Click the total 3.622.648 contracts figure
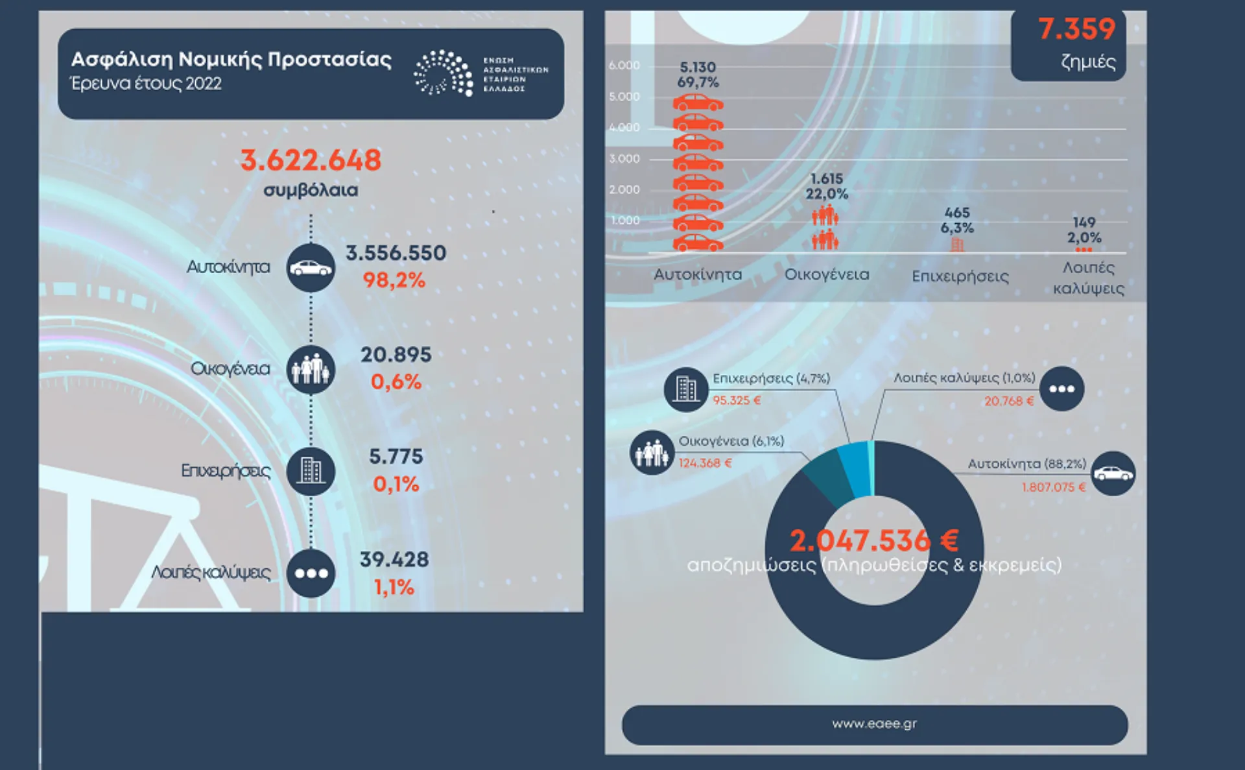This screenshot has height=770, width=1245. click(311, 160)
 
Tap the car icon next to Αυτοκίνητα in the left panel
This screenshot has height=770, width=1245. click(311, 267)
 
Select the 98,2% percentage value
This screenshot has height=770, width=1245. click(394, 280)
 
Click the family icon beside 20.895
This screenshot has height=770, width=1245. click(311, 370)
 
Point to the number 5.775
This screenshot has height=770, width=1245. click(396, 457)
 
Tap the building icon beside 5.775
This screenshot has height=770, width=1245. click(311, 471)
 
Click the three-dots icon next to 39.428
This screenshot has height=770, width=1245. click(311, 573)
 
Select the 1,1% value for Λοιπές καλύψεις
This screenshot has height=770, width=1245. click(394, 588)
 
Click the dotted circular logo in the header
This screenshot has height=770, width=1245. click(444, 73)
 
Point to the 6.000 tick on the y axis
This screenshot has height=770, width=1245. click(624, 66)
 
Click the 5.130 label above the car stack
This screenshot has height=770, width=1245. click(698, 67)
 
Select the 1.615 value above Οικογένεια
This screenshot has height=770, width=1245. click(827, 178)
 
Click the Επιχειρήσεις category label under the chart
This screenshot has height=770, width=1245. click(960, 277)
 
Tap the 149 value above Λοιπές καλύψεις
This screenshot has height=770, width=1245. click(1084, 223)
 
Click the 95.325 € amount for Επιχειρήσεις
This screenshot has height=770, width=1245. click(737, 401)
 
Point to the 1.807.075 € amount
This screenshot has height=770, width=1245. click(1054, 487)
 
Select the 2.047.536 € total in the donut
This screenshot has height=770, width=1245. click(873, 541)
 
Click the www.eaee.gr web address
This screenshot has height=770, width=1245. click(874, 724)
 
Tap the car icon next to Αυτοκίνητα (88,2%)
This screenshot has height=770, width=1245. click(1113, 474)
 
